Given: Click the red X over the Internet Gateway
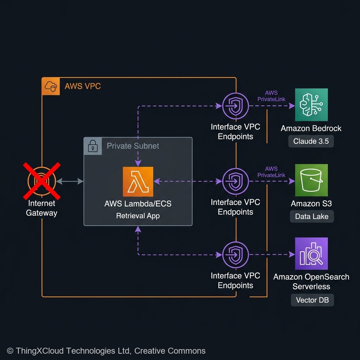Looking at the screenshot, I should [42, 181].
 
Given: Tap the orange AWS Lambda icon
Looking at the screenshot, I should [138, 181].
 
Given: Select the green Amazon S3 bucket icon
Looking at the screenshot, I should [311, 180].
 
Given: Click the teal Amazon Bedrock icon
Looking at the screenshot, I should [311, 105].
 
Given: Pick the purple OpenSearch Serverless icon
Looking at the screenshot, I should [311, 253].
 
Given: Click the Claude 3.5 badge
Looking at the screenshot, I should [311, 141].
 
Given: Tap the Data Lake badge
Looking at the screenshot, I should [311, 216].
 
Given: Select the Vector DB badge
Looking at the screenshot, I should [312, 300].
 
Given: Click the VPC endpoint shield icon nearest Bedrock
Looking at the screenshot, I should [235, 106].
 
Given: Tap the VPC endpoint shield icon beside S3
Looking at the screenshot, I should [235, 181].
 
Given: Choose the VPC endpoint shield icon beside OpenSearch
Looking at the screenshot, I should [235, 254].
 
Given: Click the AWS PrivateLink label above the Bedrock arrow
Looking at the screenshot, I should [271, 96].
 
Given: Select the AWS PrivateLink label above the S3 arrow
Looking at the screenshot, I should [271, 172].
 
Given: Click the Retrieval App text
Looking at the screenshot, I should [138, 216].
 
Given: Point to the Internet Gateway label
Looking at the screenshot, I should [41, 208].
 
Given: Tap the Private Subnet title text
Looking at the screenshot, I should [133, 146].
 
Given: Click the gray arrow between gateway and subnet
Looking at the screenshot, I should [70, 181].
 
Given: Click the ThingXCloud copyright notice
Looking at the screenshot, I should [106, 351].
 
